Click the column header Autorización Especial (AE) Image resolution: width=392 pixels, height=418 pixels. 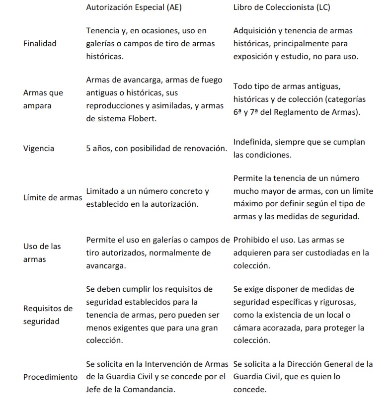(134, 7)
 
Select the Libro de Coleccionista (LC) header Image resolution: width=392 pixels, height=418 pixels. (282, 7)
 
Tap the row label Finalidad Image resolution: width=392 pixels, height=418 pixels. (40, 44)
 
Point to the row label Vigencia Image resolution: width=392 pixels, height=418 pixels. (39, 149)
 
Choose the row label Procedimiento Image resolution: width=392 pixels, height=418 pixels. (50, 377)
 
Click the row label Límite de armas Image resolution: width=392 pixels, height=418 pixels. (53, 198)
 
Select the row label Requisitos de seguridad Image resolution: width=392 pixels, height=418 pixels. (48, 315)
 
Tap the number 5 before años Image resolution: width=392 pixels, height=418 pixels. (88, 149)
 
